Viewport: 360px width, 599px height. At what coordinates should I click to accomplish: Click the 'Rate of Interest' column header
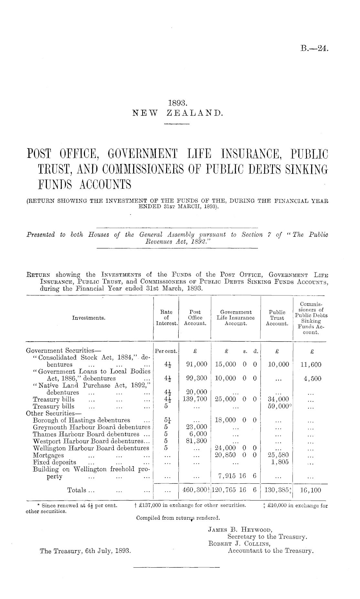167,318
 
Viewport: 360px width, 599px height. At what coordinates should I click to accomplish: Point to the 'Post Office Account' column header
195,318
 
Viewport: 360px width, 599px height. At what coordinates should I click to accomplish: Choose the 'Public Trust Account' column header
277,318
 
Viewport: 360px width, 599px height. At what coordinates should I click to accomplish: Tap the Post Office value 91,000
197,365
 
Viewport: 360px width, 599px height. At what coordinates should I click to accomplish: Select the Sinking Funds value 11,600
311,365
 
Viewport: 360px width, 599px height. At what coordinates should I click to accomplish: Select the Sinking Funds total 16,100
311,490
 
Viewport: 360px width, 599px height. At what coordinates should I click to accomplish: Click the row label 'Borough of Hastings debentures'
82,420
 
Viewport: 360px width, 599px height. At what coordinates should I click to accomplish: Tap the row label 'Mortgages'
48,455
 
